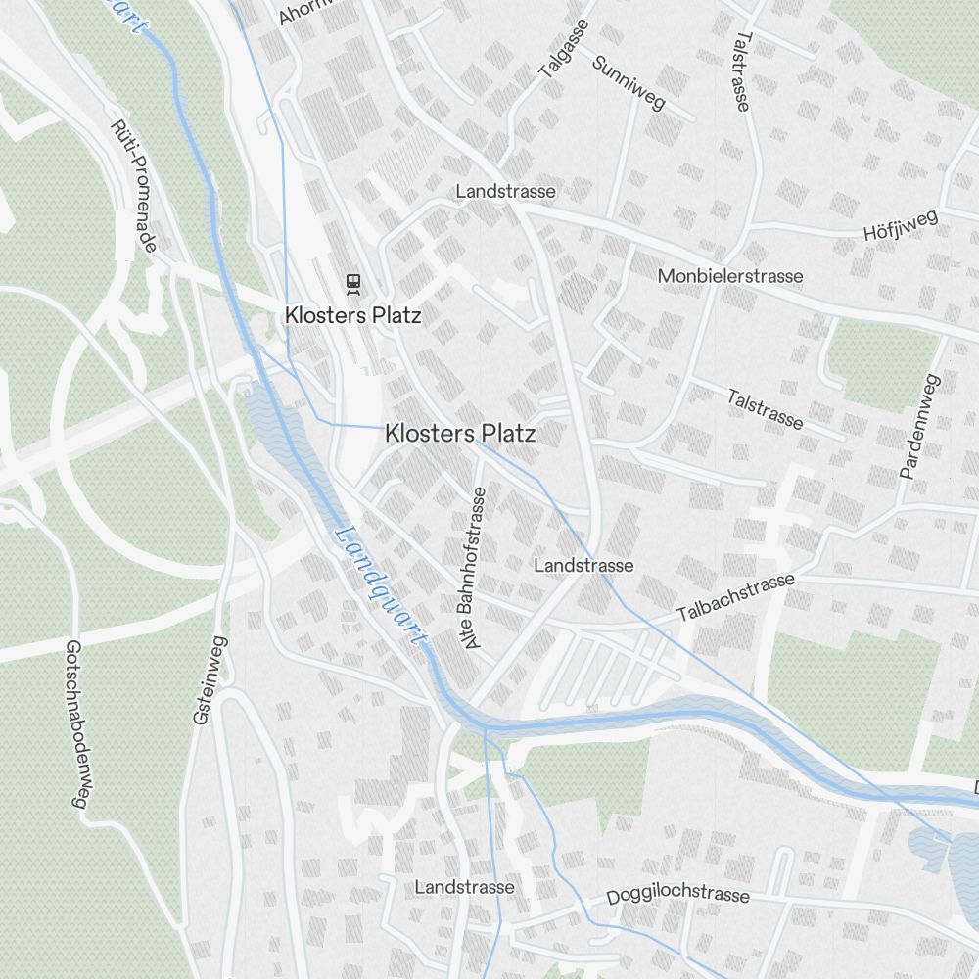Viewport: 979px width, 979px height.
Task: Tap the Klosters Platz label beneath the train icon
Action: (x=352, y=315)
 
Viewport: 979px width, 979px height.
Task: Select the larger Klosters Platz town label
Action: (x=460, y=433)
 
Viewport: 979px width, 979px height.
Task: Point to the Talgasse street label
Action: (x=564, y=50)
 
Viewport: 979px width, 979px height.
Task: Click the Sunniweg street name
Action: (x=629, y=83)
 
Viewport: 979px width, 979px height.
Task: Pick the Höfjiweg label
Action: (x=901, y=226)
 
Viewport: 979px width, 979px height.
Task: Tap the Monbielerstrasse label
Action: (x=730, y=276)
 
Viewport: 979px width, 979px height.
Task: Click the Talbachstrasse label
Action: (x=735, y=597)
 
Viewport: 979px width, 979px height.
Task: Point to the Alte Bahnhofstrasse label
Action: (x=475, y=568)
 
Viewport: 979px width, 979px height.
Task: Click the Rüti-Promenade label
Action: (x=134, y=186)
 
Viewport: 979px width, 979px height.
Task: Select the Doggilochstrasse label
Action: (x=677, y=896)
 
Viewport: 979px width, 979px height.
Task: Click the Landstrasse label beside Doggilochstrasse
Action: (x=464, y=887)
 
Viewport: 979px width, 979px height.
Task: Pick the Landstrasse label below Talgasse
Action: (x=505, y=192)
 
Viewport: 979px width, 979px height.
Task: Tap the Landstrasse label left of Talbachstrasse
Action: (x=583, y=566)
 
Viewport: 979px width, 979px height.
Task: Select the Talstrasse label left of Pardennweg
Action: (x=766, y=409)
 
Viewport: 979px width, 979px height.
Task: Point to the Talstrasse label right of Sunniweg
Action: (x=742, y=70)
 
